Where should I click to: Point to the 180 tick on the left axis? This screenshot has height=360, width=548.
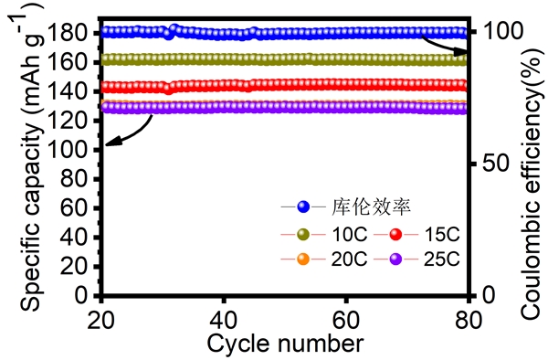tap(76, 33)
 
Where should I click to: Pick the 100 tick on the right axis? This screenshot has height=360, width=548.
tap(494, 31)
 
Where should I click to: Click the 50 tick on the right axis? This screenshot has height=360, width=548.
tap(489, 164)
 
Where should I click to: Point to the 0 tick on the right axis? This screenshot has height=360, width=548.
tap(483, 295)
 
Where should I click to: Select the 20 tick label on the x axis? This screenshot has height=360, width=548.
tap(102, 318)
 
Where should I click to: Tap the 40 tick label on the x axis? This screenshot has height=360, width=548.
tap(225, 318)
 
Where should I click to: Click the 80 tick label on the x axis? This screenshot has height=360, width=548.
tap(468, 318)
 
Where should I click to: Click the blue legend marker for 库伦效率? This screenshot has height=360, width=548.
tap(304, 206)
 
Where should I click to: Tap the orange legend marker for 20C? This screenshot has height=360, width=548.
tap(304, 259)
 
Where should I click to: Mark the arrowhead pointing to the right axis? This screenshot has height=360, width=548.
tap(462, 41)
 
